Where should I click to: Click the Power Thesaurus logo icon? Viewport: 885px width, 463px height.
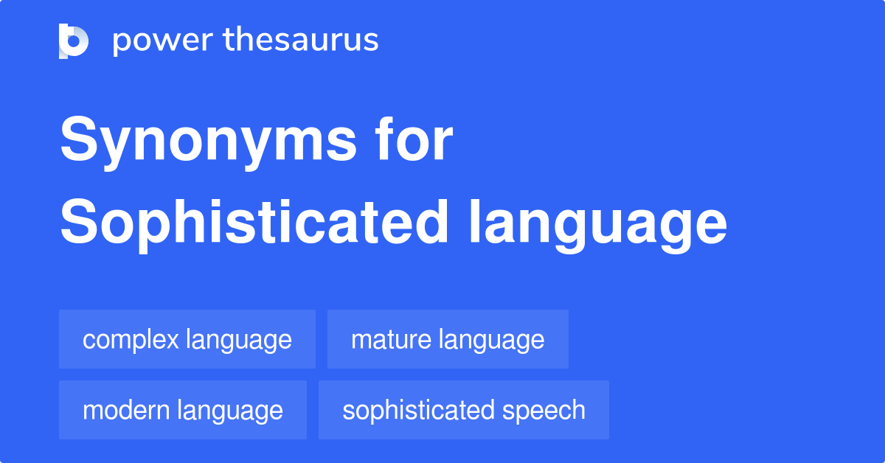click(x=74, y=41)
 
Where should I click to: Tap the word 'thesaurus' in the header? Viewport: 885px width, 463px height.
click(x=302, y=41)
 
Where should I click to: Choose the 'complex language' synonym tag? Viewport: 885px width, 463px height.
click(x=187, y=340)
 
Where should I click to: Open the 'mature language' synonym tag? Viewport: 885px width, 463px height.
click(x=448, y=340)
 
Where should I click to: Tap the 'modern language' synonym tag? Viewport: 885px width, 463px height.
click(x=183, y=410)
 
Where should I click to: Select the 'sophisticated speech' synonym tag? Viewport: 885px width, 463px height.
click(x=464, y=410)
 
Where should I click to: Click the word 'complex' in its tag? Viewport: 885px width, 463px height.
click(x=131, y=340)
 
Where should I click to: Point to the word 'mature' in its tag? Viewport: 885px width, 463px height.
click(x=391, y=340)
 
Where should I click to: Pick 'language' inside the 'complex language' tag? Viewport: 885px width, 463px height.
click(x=239, y=340)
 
